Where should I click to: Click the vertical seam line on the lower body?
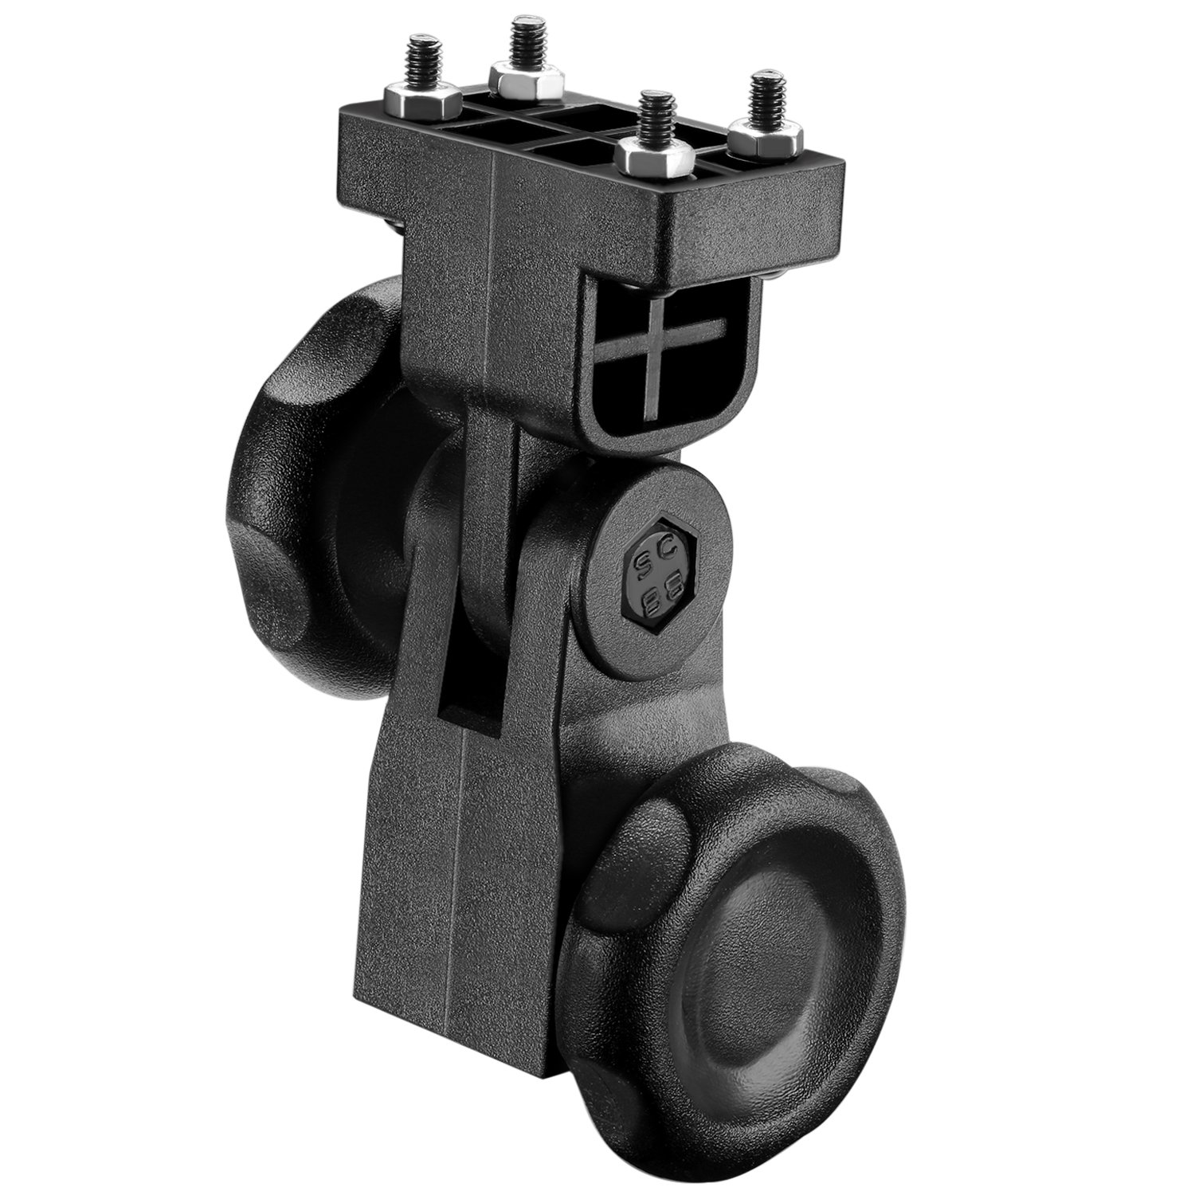coord(460,836)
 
